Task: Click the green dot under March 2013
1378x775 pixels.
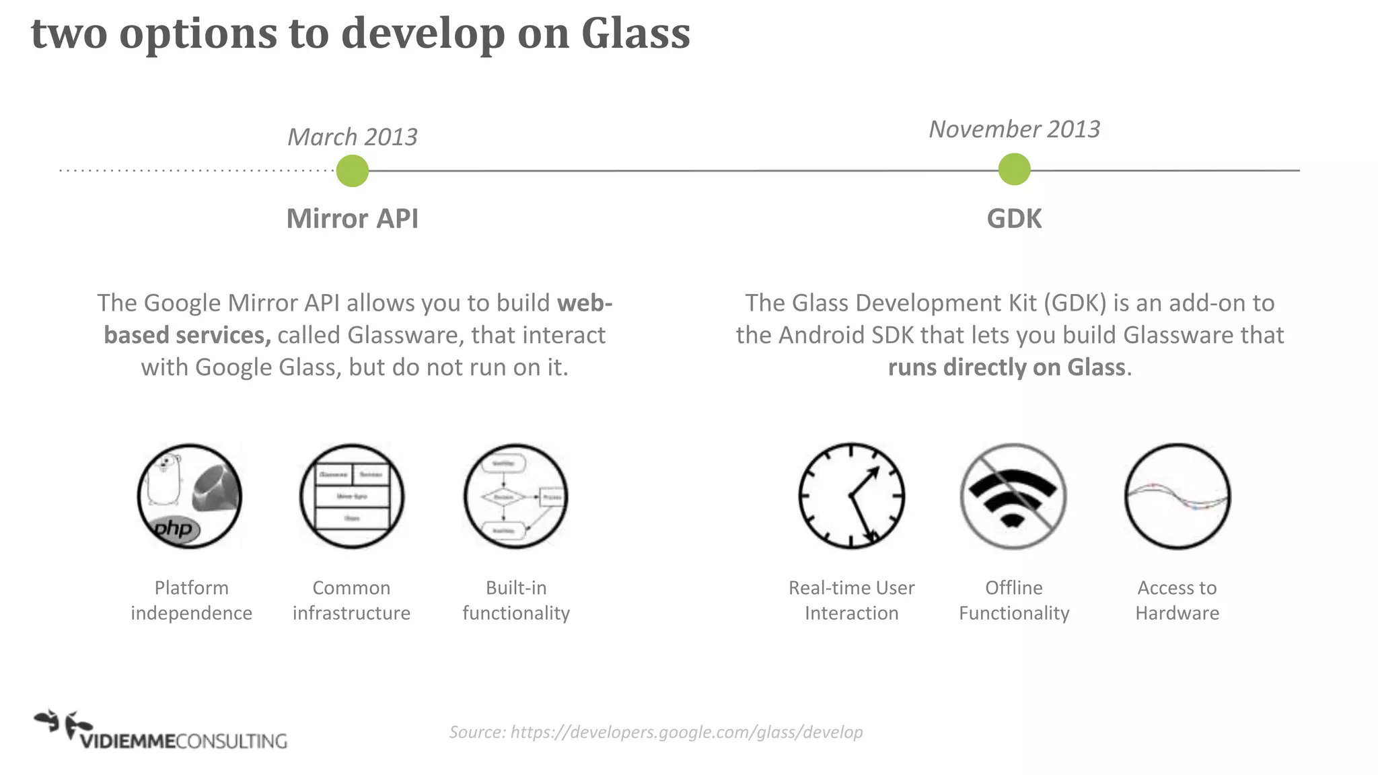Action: click(352, 171)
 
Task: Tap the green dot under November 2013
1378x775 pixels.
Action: click(1014, 169)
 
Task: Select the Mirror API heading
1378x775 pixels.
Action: click(352, 219)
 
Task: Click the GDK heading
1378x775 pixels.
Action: click(1014, 219)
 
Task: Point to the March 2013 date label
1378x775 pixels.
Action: click(352, 137)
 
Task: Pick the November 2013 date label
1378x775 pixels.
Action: click(1014, 129)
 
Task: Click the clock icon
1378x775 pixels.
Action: click(851, 496)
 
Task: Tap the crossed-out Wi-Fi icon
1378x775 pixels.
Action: click(1013, 496)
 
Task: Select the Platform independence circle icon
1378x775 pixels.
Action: click(190, 496)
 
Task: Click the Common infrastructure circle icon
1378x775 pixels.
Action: click(352, 496)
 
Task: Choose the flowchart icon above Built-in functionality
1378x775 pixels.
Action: click(516, 496)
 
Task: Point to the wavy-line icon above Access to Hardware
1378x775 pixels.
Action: click(1177, 496)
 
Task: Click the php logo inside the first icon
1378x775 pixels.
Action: click(173, 529)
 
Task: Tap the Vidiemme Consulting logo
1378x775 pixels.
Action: click(161, 731)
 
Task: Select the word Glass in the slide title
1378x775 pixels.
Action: click(635, 33)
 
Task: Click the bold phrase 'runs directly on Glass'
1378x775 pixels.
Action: click(1006, 367)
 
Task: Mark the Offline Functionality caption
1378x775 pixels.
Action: click(1013, 600)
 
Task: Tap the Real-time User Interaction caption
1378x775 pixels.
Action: click(851, 600)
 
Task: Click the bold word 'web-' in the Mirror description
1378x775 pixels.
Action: click(584, 303)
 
